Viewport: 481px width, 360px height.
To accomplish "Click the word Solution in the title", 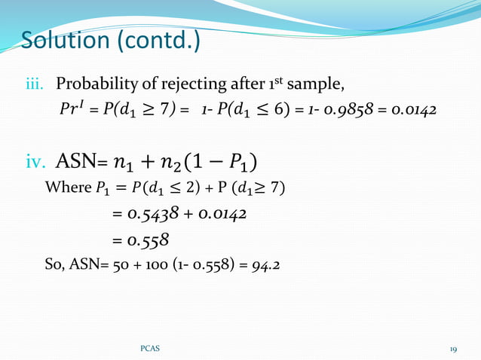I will pos(66,41).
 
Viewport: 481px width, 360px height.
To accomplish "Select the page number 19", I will pos(453,349).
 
